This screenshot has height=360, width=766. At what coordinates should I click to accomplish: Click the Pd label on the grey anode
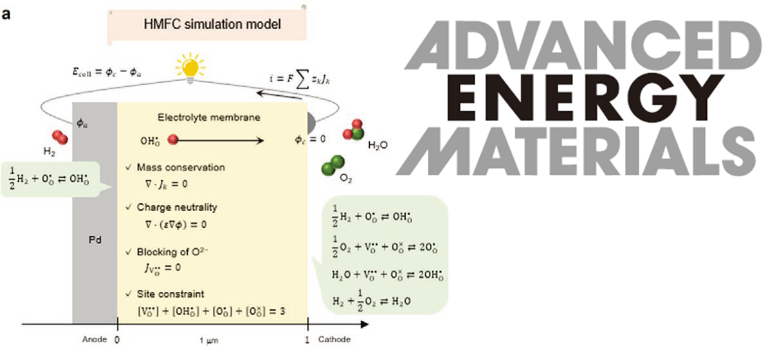coord(94,239)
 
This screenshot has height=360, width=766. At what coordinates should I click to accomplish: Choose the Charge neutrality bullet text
coord(176,208)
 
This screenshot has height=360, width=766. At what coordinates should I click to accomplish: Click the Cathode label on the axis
coord(334,339)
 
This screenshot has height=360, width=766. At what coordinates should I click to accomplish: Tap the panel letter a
coord(7,12)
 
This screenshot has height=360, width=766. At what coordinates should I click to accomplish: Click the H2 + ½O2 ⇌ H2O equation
coord(370,300)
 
